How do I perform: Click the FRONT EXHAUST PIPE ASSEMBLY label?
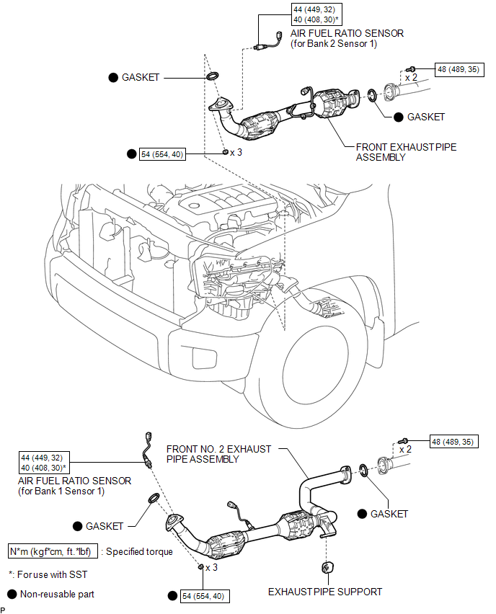(406, 152)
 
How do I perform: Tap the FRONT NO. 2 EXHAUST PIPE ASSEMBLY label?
(219, 453)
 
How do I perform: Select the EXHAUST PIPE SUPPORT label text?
(325, 592)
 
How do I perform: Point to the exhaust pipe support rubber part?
(326, 567)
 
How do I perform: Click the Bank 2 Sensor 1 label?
(337, 44)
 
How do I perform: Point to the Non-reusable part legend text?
(57, 595)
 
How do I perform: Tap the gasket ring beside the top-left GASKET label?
(214, 76)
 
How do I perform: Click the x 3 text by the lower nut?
(212, 568)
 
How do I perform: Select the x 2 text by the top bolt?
(412, 76)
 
